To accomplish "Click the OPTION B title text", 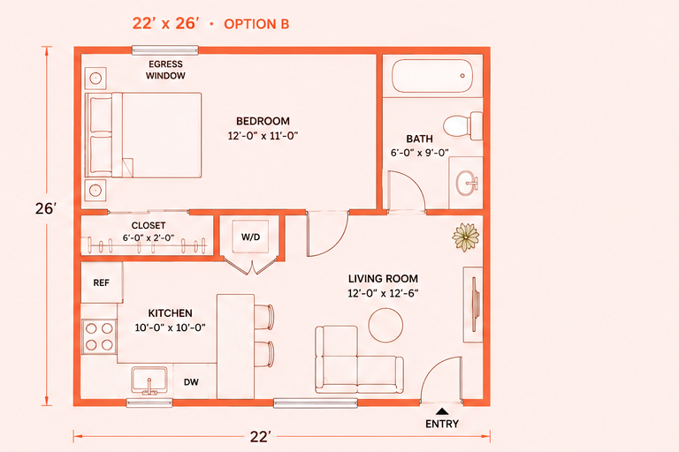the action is (256, 24).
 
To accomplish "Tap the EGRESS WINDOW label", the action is (165, 70).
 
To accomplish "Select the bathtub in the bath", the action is (431, 76).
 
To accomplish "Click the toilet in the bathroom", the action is (462, 126).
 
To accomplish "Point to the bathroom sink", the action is (467, 183).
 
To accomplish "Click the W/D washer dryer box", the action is (250, 237).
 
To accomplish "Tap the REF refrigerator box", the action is (102, 282).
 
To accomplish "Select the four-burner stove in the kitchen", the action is (99, 336).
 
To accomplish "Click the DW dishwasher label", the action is (191, 382).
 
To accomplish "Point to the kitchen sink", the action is (149, 380).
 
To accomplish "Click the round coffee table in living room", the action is (385, 325).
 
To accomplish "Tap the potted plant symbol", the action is (466, 237).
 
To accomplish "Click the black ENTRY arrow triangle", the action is (442, 411).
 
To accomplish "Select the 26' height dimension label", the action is (46, 208).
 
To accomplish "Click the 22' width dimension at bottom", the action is (261, 436).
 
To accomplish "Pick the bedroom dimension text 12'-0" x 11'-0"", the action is (263, 136).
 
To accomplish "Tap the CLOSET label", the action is (149, 225).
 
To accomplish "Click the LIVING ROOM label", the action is (383, 279).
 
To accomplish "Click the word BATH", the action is (419, 139).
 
